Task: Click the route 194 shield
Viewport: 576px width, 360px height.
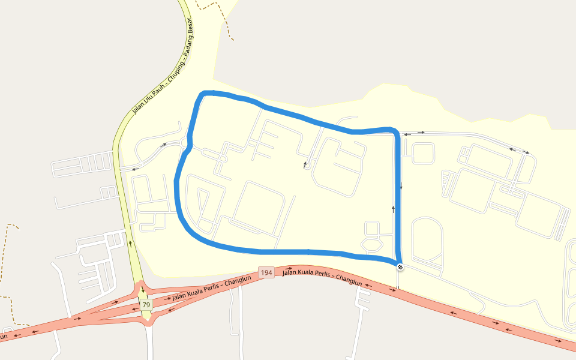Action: point(266,273)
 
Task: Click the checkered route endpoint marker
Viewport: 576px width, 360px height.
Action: point(400,266)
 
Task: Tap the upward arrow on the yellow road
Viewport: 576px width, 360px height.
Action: point(130,244)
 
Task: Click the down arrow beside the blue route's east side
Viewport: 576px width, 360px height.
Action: point(401,185)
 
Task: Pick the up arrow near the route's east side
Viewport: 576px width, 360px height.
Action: point(394,209)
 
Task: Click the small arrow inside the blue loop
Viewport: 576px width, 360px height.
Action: point(305,163)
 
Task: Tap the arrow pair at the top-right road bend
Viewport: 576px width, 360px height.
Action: point(519,151)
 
